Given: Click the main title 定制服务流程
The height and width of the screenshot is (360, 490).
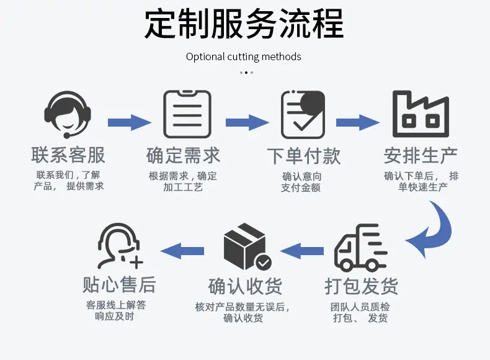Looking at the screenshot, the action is coord(244,24).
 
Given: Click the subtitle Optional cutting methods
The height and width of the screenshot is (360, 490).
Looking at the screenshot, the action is coord(243,56).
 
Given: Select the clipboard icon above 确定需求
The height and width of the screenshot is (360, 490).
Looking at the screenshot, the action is coord(187,114).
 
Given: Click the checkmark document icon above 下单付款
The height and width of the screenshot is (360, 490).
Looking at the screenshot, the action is coord(303,114).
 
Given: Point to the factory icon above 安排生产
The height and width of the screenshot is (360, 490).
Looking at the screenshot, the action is coord(421,114).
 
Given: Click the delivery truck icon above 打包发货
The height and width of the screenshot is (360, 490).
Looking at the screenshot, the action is coord(360,248).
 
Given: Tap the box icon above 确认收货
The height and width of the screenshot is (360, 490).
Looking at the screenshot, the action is coord(247,246).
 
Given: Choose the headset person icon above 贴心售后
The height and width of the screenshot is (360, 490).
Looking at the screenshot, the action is coord(120,246).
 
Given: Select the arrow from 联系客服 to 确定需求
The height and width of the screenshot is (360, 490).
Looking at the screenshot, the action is coord(130,122).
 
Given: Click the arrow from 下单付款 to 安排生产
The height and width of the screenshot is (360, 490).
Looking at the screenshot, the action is coord(358,122).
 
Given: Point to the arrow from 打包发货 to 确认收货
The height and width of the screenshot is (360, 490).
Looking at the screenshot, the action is coord(302,251).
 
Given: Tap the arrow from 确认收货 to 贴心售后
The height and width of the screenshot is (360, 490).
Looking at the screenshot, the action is coord(182,251).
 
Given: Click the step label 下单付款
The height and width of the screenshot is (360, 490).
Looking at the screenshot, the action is coord(304,156).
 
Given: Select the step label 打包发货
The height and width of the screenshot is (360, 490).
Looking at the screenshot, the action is coord(361,286).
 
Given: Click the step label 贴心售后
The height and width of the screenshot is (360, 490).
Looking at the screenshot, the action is coord(119,285).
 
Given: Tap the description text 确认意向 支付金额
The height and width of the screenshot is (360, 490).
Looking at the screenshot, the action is coord(301,182).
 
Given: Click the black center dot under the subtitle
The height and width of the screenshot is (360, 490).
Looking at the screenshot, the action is coord(246,73).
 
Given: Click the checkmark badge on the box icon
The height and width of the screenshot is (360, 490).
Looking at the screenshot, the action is coord(264,263).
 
